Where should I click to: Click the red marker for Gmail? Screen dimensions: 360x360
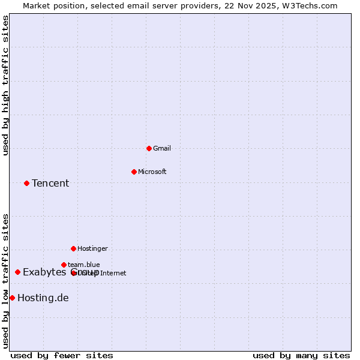click(149, 148)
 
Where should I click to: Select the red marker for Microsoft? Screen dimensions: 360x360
click(134, 172)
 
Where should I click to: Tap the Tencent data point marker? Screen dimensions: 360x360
click(26, 183)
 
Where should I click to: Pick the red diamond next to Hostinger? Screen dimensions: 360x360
click(73, 248)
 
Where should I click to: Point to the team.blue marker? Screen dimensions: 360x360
click(64, 265)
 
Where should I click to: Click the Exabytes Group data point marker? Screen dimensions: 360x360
click(17, 272)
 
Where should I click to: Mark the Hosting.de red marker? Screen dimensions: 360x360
click(12, 298)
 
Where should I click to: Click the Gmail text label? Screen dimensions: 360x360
click(162, 148)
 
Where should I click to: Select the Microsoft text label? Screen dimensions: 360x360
click(152, 172)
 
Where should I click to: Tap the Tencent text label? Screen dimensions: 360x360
click(50, 183)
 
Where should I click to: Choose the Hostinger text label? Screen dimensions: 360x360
click(92, 248)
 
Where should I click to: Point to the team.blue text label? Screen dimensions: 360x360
click(84, 265)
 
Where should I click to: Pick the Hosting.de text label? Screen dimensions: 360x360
click(43, 298)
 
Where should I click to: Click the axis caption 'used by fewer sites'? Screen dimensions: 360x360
click(62, 355)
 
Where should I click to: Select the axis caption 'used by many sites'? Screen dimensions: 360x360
click(301, 355)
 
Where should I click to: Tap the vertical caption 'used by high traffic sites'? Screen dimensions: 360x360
click(5, 85)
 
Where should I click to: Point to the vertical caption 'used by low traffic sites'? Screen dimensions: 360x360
click(5, 281)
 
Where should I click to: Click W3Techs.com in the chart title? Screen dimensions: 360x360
click(310, 5)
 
